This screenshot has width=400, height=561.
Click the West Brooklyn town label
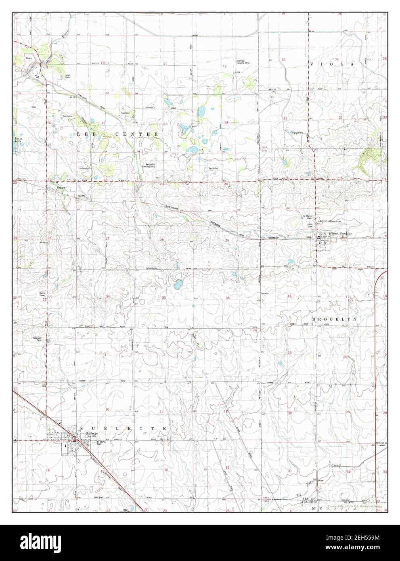tap(342, 234)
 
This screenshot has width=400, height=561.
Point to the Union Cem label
tap(310, 224)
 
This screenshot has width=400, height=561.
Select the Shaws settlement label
tap(61, 188)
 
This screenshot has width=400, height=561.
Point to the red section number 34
tap(108, 297)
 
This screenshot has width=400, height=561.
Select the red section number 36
tap(228, 298)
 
